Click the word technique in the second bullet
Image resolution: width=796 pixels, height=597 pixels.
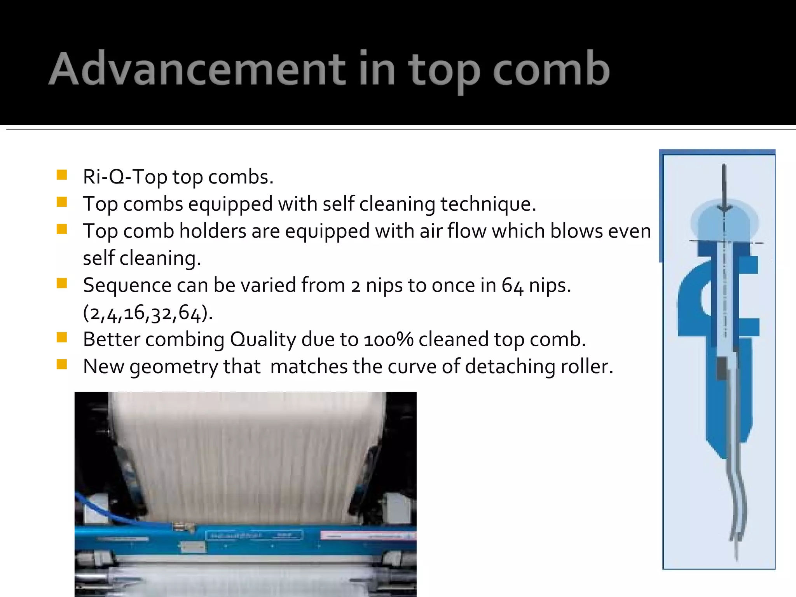(x=487, y=204)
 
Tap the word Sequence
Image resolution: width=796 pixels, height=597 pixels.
(x=127, y=286)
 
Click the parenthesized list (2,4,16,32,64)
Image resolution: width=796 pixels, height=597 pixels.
(x=148, y=313)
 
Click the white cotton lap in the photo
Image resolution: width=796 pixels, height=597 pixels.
(x=245, y=447)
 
